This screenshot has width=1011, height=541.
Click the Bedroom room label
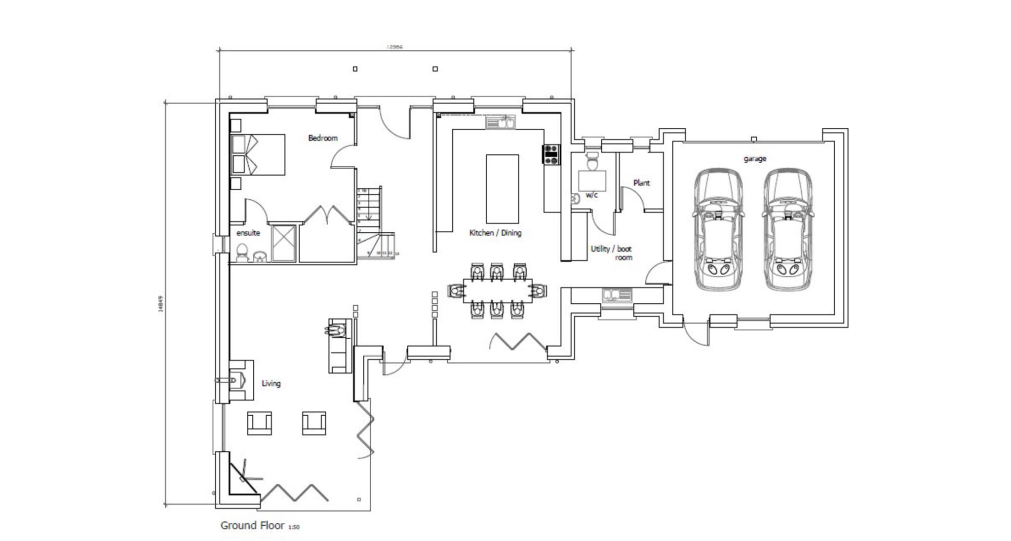pos(323,138)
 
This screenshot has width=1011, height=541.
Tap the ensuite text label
pos(248,233)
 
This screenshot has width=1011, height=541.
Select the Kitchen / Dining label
pos(495,233)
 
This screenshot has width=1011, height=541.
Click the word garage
pos(755,159)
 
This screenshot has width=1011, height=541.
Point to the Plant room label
pos(641,183)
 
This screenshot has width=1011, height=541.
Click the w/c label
pos(591,195)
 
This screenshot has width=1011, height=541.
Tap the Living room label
pos(271,383)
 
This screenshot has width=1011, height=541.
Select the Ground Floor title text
pos(252,525)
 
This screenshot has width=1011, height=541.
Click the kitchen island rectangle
pos(502,189)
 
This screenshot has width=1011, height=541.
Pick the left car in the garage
pos(718,229)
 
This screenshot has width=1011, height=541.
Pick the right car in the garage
pos(787,229)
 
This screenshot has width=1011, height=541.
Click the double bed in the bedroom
pos(258,154)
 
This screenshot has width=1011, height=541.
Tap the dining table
pos(498,290)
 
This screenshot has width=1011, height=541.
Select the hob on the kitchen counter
pos(551,154)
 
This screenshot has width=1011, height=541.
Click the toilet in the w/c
pos(591,160)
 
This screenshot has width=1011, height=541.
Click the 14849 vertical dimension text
pos(160,303)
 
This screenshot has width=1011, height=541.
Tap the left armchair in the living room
pos(259,423)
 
